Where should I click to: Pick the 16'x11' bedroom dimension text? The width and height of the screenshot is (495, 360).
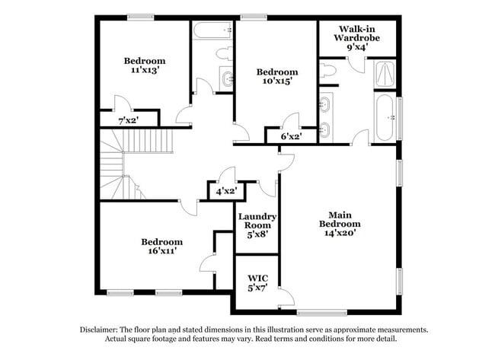[161, 251]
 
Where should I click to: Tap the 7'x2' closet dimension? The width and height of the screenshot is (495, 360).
[128, 119]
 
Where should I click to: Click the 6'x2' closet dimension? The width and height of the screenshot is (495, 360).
[291, 136]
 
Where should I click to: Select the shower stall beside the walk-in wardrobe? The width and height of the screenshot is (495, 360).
[385, 74]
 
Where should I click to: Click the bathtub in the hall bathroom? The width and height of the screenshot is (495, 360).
[212, 31]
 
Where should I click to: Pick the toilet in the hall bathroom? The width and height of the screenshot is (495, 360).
[224, 54]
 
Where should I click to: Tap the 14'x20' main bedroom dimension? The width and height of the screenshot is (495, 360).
[340, 233]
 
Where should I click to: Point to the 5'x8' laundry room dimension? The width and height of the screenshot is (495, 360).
[257, 235]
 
